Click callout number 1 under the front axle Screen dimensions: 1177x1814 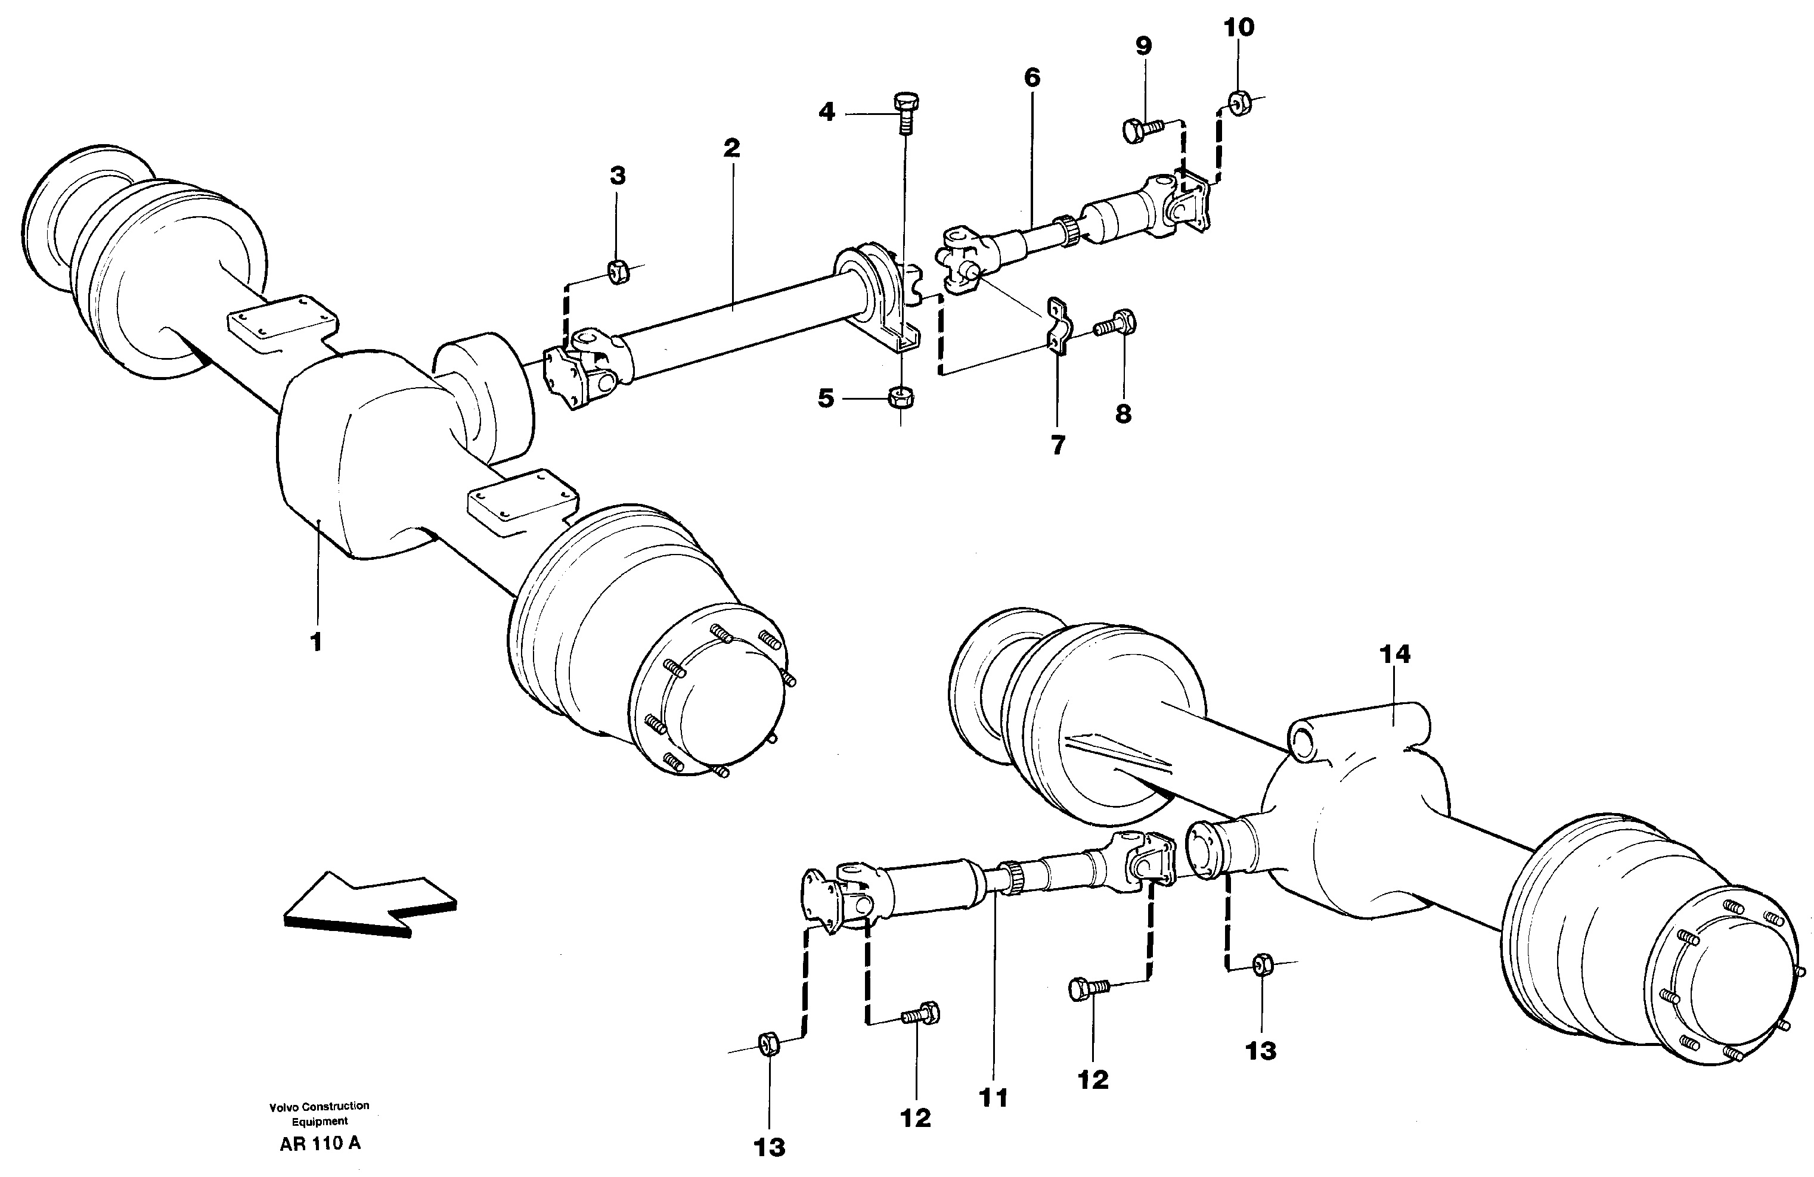315,642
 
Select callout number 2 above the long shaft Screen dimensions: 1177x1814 731,148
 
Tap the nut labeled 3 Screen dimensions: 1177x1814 618,271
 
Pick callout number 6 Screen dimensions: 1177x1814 1032,77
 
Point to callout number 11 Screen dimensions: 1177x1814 994,1098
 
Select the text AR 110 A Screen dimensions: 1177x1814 320,1144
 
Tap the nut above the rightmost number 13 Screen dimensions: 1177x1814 1261,964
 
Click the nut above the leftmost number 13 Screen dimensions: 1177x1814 768,1043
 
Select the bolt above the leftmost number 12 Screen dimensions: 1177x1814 922,1014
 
